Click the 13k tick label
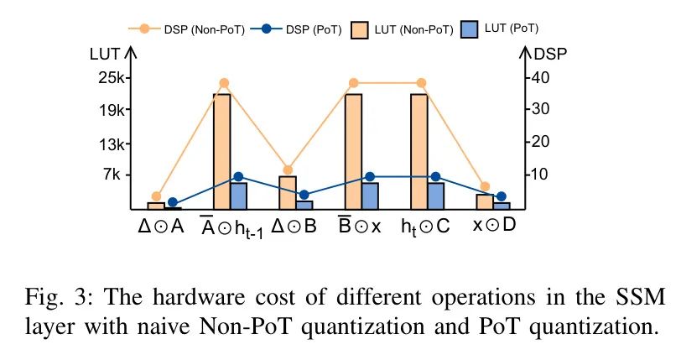pyautogui.click(x=111, y=143)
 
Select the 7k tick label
pyautogui.click(x=112, y=175)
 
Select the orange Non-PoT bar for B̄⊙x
pyautogui.click(x=353, y=151)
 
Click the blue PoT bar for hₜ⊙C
pyautogui.click(x=435, y=196)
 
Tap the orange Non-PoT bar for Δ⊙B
pyautogui.click(x=288, y=192)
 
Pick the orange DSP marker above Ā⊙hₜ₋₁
pyautogui.click(x=224, y=83)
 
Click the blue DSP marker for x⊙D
pyautogui.click(x=502, y=196)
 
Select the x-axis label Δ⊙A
pyautogui.click(x=161, y=227)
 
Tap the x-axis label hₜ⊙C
pyautogui.click(x=426, y=227)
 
